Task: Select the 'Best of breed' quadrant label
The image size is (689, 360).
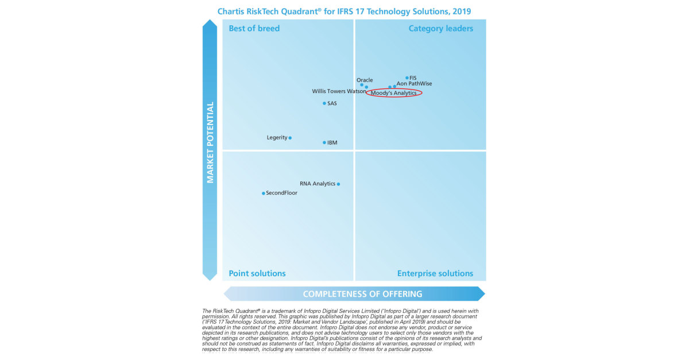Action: (254, 28)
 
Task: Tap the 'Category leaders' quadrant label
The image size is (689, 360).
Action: (440, 28)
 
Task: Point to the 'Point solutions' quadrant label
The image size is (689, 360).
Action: (257, 273)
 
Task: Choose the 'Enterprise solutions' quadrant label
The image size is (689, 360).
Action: (435, 273)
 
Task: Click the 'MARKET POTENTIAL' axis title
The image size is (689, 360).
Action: (210, 142)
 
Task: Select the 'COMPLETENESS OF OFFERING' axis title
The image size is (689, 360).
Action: (362, 294)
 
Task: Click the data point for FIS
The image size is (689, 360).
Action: (407, 78)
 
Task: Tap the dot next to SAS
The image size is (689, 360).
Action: (324, 103)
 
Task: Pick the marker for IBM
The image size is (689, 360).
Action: (324, 142)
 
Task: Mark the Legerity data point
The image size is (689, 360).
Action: (290, 138)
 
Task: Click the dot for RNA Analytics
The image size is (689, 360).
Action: (338, 184)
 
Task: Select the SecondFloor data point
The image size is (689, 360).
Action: (264, 193)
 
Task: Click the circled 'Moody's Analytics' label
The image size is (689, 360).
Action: (394, 93)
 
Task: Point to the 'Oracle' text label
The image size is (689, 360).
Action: (365, 80)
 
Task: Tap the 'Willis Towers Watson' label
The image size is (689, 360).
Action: (339, 91)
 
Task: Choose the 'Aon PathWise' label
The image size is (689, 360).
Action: (415, 84)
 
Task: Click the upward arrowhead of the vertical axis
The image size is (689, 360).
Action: (210, 25)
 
